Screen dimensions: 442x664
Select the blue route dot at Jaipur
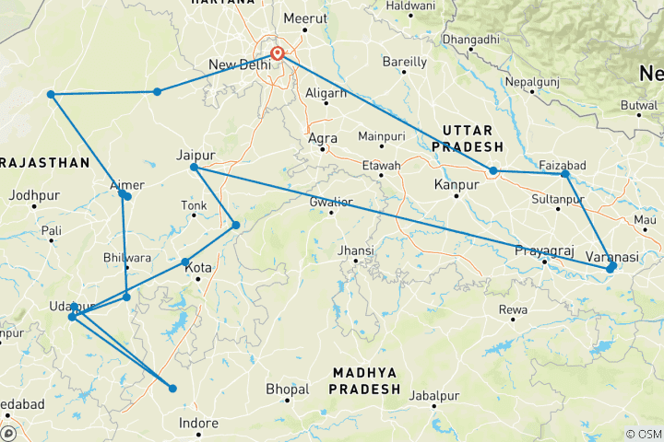pyautogui.click(x=194, y=168)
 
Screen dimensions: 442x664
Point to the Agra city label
pyautogui.click(x=322, y=138)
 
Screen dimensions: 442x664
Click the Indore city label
pyautogui.click(x=198, y=424)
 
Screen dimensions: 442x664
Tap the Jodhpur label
pyautogui.click(x=35, y=195)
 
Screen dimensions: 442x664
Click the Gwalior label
pyautogui.click(x=330, y=201)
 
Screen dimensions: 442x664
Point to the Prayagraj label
pyautogui.click(x=543, y=250)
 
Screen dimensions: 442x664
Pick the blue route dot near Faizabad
pyautogui.click(x=565, y=175)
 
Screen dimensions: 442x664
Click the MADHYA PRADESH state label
pyautogui.click(x=365, y=380)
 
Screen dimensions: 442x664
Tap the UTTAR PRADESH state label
pyautogui.click(x=472, y=139)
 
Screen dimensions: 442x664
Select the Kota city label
pyautogui.click(x=199, y=269)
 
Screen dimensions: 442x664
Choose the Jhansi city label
pyautogui.click(x=355, y=250)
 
